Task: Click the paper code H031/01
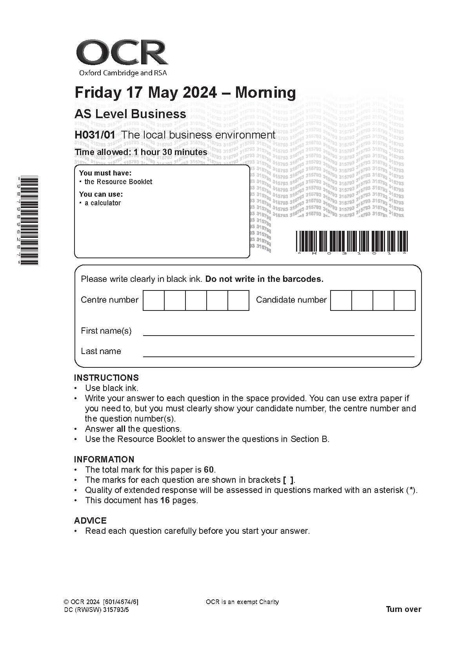click(x=95, y=135)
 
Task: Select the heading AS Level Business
click(x=130, y=114)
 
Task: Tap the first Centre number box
click(x=154, y=301)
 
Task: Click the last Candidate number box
click(x=404, y=301)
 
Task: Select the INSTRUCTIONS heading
click(x=106, y=378)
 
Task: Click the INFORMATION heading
click(x=104, y=459)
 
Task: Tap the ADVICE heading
click(x=90, y=520)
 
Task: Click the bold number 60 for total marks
click(x=209, y=470)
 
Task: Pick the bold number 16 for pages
click(x=165, y=500)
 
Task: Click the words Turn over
click(x=403, y=609)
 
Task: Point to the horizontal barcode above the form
click(x=351, y=241)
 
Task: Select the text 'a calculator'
click(x=103, y=203)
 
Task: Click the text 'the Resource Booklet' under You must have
click(x=118, y=182)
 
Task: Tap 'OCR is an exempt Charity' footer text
click(x=242, y=602)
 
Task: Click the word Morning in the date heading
click(x=265, y=93)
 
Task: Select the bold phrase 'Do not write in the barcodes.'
click(x=264, y=279)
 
